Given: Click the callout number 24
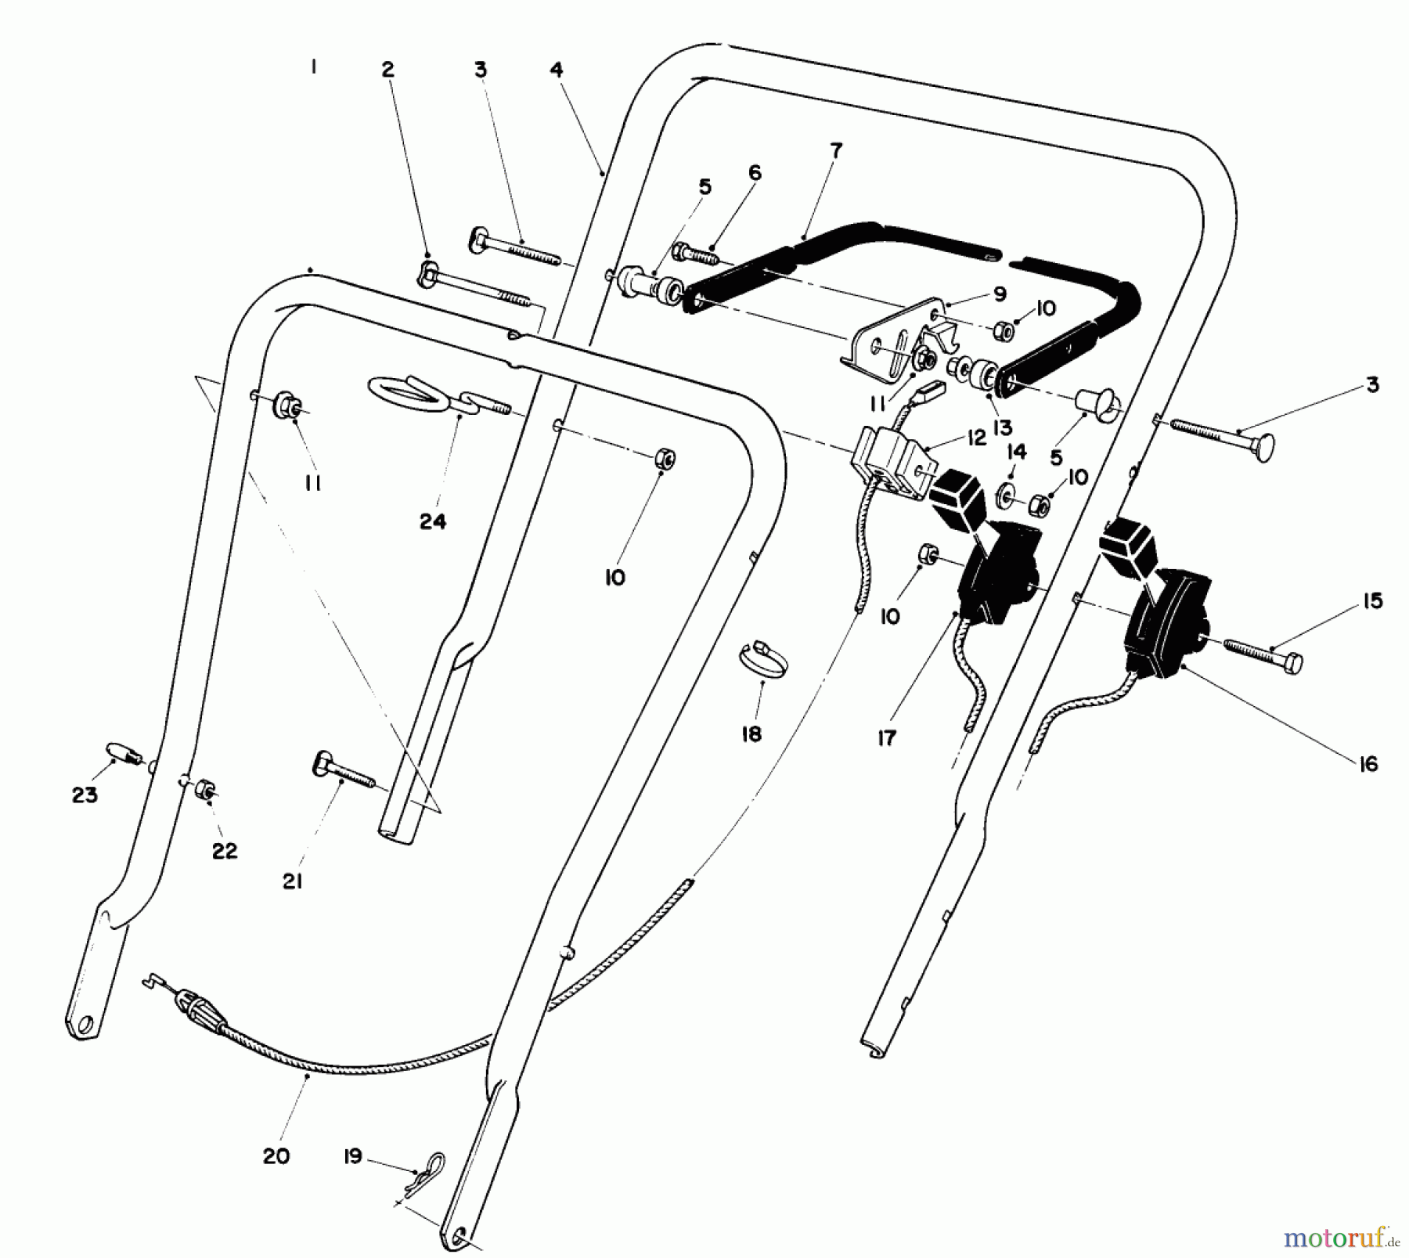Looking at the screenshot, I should pos(433,521).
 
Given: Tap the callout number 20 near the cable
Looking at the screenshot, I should pos(276,1155).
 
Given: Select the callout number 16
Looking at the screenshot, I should pos(1368,764).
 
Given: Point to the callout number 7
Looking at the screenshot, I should pos(836,150).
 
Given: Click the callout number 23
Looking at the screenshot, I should pos(85,795).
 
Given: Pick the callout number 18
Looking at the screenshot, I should pos(751,734).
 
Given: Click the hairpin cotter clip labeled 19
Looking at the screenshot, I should pos(429,1166).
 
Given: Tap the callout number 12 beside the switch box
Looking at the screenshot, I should pos(976,438).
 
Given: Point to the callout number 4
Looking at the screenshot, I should pos(557,70).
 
